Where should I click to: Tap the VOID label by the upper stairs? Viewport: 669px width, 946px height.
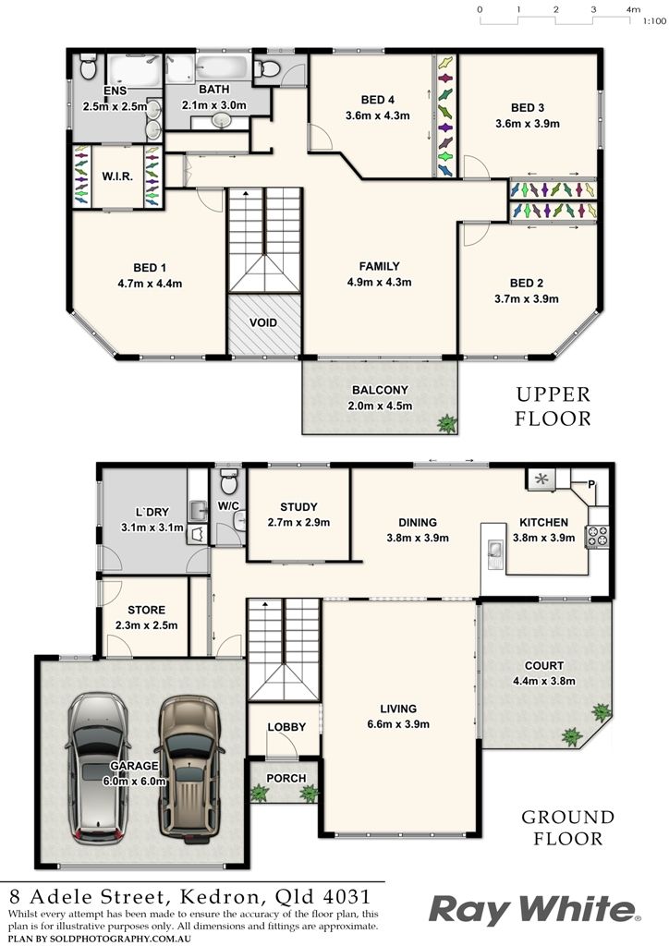263,322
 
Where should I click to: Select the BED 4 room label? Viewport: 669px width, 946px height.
378,100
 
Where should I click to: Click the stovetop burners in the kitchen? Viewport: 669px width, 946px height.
597,536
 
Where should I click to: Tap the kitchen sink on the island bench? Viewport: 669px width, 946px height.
494,549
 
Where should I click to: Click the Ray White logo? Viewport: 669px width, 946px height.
534,910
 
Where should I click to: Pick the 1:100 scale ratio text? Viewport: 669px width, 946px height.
654,21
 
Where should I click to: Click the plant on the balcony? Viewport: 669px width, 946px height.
447,423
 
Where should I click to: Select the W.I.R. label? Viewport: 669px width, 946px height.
117,176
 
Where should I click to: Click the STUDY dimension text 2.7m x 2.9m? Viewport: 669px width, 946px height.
298,523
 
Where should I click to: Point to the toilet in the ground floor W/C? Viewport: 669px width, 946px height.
228,480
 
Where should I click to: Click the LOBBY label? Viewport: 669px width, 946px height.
286,727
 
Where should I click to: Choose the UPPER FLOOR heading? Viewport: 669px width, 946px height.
553,406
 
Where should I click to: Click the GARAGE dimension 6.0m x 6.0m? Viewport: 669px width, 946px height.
134,781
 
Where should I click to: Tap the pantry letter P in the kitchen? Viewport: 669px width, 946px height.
590,484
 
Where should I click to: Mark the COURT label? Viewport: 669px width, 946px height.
544,665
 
